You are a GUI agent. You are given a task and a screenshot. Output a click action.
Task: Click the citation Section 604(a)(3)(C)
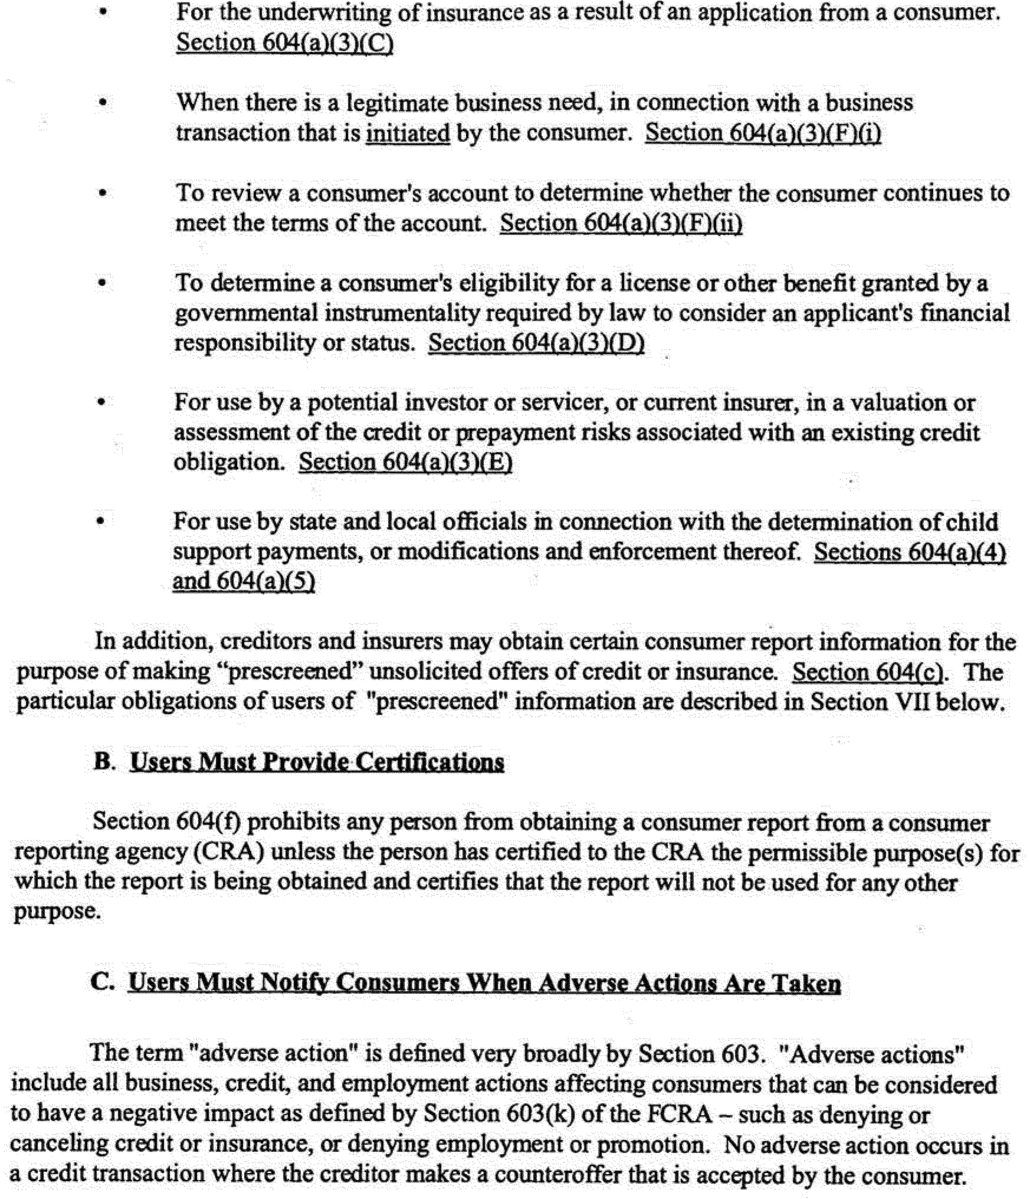click(x=284, y=43)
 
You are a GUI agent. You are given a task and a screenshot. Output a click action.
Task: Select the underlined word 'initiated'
click(x=407, y=133)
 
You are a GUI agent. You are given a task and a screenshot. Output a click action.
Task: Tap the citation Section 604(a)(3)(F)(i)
click(x=763, y=132)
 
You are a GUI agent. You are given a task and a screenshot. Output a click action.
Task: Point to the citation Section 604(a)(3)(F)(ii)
click(x=621, y=224)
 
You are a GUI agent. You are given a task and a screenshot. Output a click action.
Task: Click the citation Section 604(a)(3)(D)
click(x=536, y=343)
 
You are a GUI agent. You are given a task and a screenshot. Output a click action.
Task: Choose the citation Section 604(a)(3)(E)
click(x=405, y=462)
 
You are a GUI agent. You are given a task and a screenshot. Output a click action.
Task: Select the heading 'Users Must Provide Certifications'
click(x=317, y=762)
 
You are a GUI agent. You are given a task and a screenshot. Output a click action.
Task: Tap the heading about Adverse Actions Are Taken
click(x=484, y=983)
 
